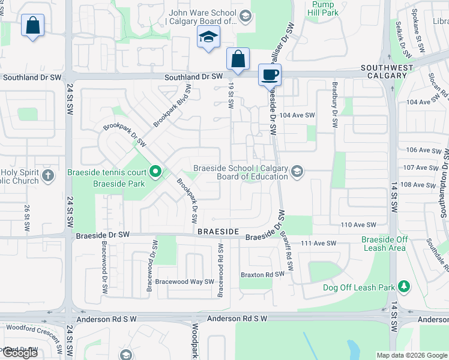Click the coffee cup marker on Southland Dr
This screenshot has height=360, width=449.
tap(270, 75)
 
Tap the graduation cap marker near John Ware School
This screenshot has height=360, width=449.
tap(208, 38)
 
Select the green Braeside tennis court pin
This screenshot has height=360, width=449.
tap(155, 172)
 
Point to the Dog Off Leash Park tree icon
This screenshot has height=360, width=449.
tap(405, 287)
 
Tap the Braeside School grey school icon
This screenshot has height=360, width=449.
tap(296, 172)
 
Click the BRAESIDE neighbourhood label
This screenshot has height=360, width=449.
tap(218, 231)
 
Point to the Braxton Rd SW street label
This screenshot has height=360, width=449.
tap(262, 274)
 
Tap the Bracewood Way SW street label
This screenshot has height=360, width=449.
tap(185, 281)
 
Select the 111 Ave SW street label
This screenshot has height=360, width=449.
tap(319, 243)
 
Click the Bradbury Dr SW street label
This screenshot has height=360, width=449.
tap(335, 104)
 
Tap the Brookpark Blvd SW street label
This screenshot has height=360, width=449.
tap(172, 104)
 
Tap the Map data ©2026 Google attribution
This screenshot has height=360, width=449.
tap(411, 355)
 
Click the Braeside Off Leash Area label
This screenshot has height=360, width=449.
tap(384, 244)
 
